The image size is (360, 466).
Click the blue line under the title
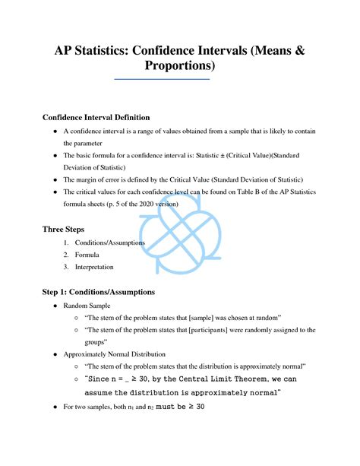click(160, 79)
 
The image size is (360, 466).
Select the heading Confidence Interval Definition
click(96, 118)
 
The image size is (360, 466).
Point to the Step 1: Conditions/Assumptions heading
click(99, 291)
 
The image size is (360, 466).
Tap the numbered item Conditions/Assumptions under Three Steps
click(106, 243)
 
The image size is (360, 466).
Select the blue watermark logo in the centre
click(179, 229)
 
